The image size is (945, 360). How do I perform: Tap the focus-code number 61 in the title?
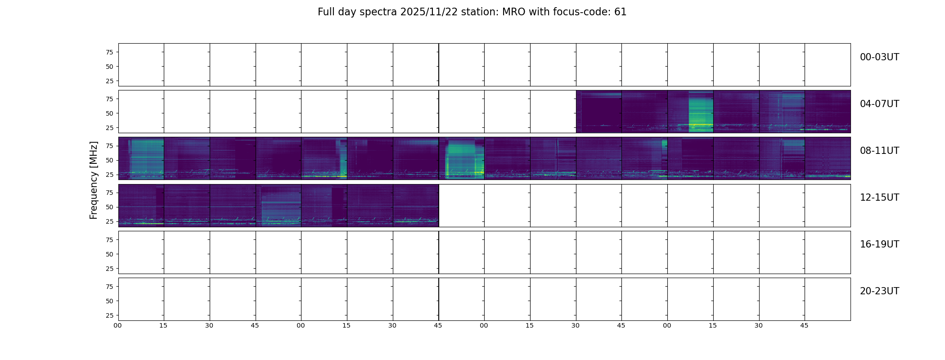[x=621, y=12]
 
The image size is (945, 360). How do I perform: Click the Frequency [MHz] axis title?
[x=94, y=180]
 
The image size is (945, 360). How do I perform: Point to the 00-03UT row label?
[x=879, y=57]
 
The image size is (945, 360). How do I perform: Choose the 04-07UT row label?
[x=879, y=104]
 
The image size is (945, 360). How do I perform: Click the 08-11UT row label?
[x=879, y=151]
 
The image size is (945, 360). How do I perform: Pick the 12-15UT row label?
[x=879, y=198]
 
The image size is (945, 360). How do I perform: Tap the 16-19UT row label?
[x=879, y=244]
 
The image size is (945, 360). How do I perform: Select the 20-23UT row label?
[x=879, y=291]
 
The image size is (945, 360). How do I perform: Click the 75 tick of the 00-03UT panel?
[x=109, y=52]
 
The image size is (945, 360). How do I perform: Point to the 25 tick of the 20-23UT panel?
[x=109, y=315]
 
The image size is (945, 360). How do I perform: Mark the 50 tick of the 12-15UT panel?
[x=109, y=207]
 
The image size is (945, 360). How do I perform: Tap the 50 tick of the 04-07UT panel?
[x=109, y=113]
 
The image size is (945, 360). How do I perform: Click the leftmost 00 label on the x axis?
[x=118, y=325]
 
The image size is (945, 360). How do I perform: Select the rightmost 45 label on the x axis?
[x=804, y=325]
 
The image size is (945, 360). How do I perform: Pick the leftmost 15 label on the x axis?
[x=163, y=325]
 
